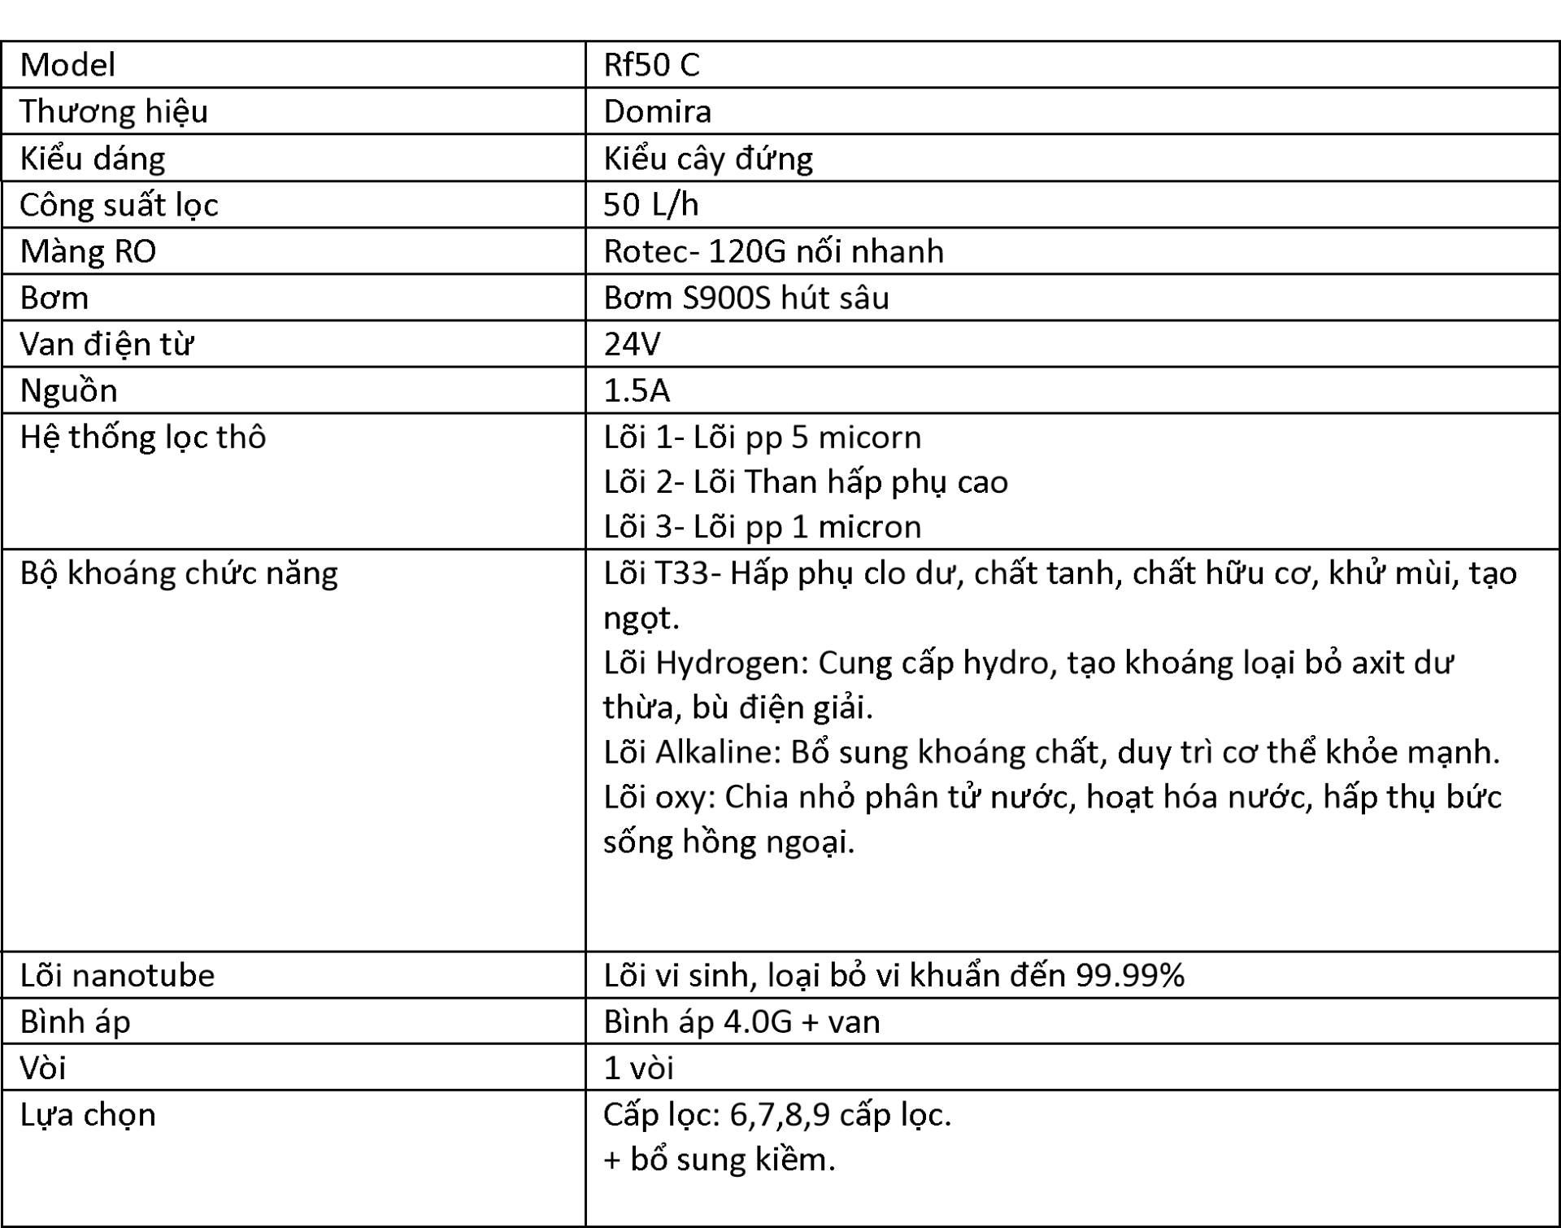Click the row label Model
(67, 65)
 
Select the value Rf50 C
(651, 65)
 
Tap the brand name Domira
(657, 111)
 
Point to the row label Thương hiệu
(114, 111)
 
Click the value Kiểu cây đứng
(707, 159)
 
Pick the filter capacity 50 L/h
(650, 205)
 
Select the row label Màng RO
(88, 251)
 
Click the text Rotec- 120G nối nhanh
(773, 251)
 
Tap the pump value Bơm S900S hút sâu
(746, 298)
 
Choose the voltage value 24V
(632, 345)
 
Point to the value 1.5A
(637, 391)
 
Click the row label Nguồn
(69, 391)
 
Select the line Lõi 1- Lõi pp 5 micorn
(762, 438)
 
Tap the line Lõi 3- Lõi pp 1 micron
(762, 527)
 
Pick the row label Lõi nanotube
(117, 975)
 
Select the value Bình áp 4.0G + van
(741, 1021)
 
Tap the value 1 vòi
(638, 1068)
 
